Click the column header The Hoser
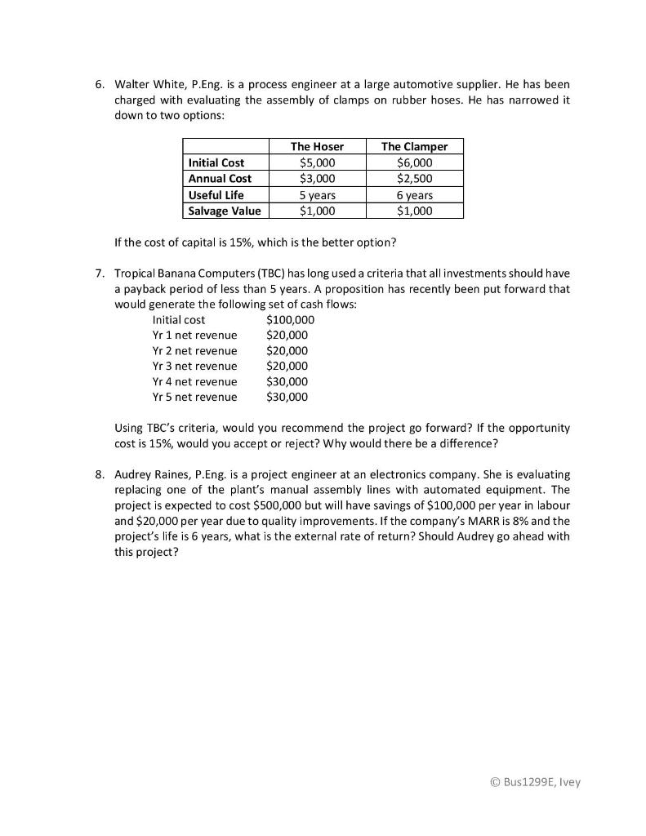coord(317,146)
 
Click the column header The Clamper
coord(414,146)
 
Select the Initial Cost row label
coord(216,162)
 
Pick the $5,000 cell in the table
coord(317,162)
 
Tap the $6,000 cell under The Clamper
coord(414,162)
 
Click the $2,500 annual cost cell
coord(414,178)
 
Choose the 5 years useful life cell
coord(317,195)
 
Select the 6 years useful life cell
coord(414,195)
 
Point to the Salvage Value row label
coord(225,211)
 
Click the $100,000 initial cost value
coord(290,319)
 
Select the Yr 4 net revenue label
coord(194,381)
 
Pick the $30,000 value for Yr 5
coord(287,397)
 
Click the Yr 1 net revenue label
coord(194,335)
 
